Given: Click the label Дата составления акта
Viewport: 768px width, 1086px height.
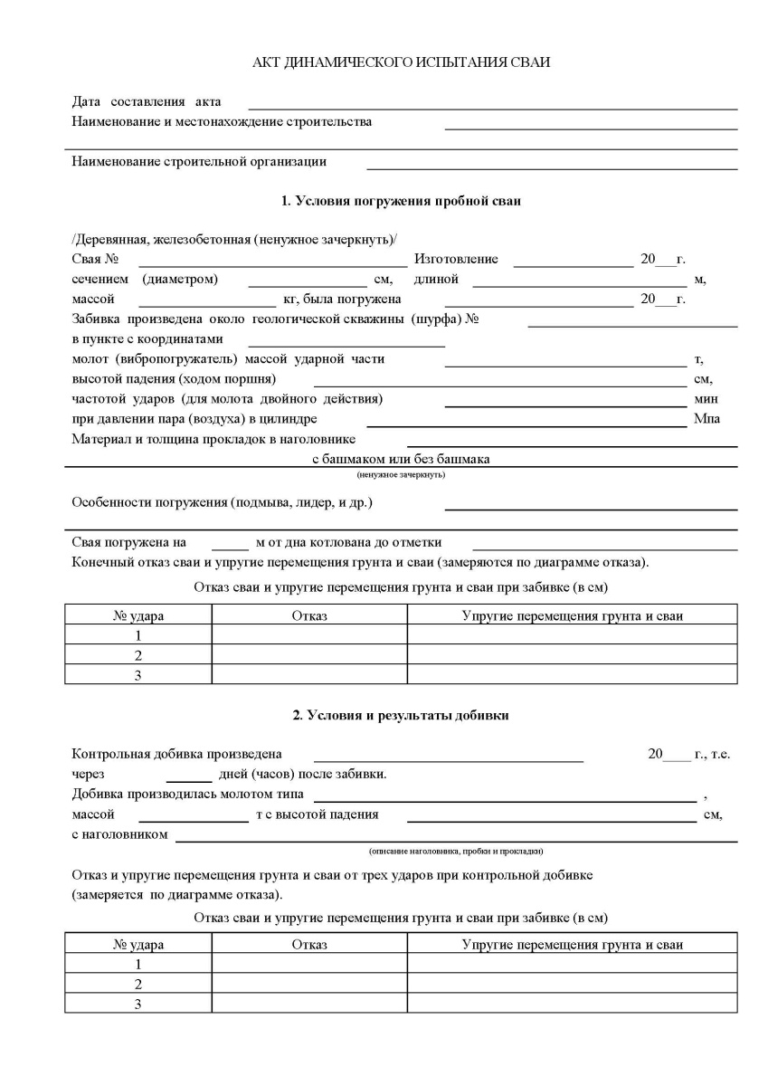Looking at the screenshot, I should pyautogui.click(x=146, y=101).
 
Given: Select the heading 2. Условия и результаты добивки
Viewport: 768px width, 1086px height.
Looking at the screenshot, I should pyautogui.click(x=401, y=716).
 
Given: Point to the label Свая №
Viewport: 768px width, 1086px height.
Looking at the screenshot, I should pyautogui.click(x=89, y=259).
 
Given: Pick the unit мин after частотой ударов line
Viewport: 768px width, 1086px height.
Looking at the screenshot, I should pyautogui.click(x=705, y=398).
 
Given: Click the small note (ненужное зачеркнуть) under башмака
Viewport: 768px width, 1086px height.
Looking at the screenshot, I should pyautogui.click(x=401, y=474).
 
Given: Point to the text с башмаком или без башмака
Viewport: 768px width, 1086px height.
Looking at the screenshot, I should pyautogui.click(x=401, y=459).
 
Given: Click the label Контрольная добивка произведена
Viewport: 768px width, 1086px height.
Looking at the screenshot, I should pyautogui.click(x=176, y=754).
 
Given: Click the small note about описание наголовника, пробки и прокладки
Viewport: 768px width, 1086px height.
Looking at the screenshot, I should pyautogui.click(x=456, y=852).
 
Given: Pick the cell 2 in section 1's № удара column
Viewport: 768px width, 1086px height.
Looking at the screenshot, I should pyautogui.click(x=137, y=654).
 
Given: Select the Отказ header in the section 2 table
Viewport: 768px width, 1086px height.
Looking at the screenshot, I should pyautogui.click(x=308, y=945).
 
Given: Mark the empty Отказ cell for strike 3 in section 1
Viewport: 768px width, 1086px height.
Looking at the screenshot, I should pyautogui.click(x=308, y=674).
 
